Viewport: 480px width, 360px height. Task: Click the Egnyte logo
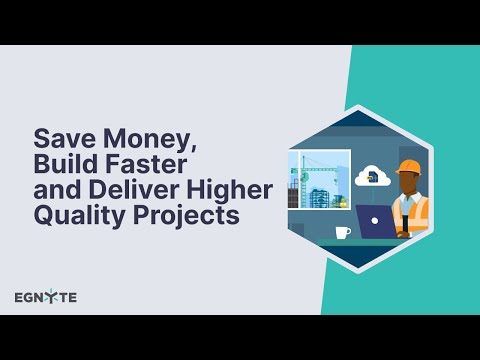click(46, 297)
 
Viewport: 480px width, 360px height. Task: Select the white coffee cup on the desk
click(343, 232)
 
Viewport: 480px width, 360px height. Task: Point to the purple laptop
click(376, 221)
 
